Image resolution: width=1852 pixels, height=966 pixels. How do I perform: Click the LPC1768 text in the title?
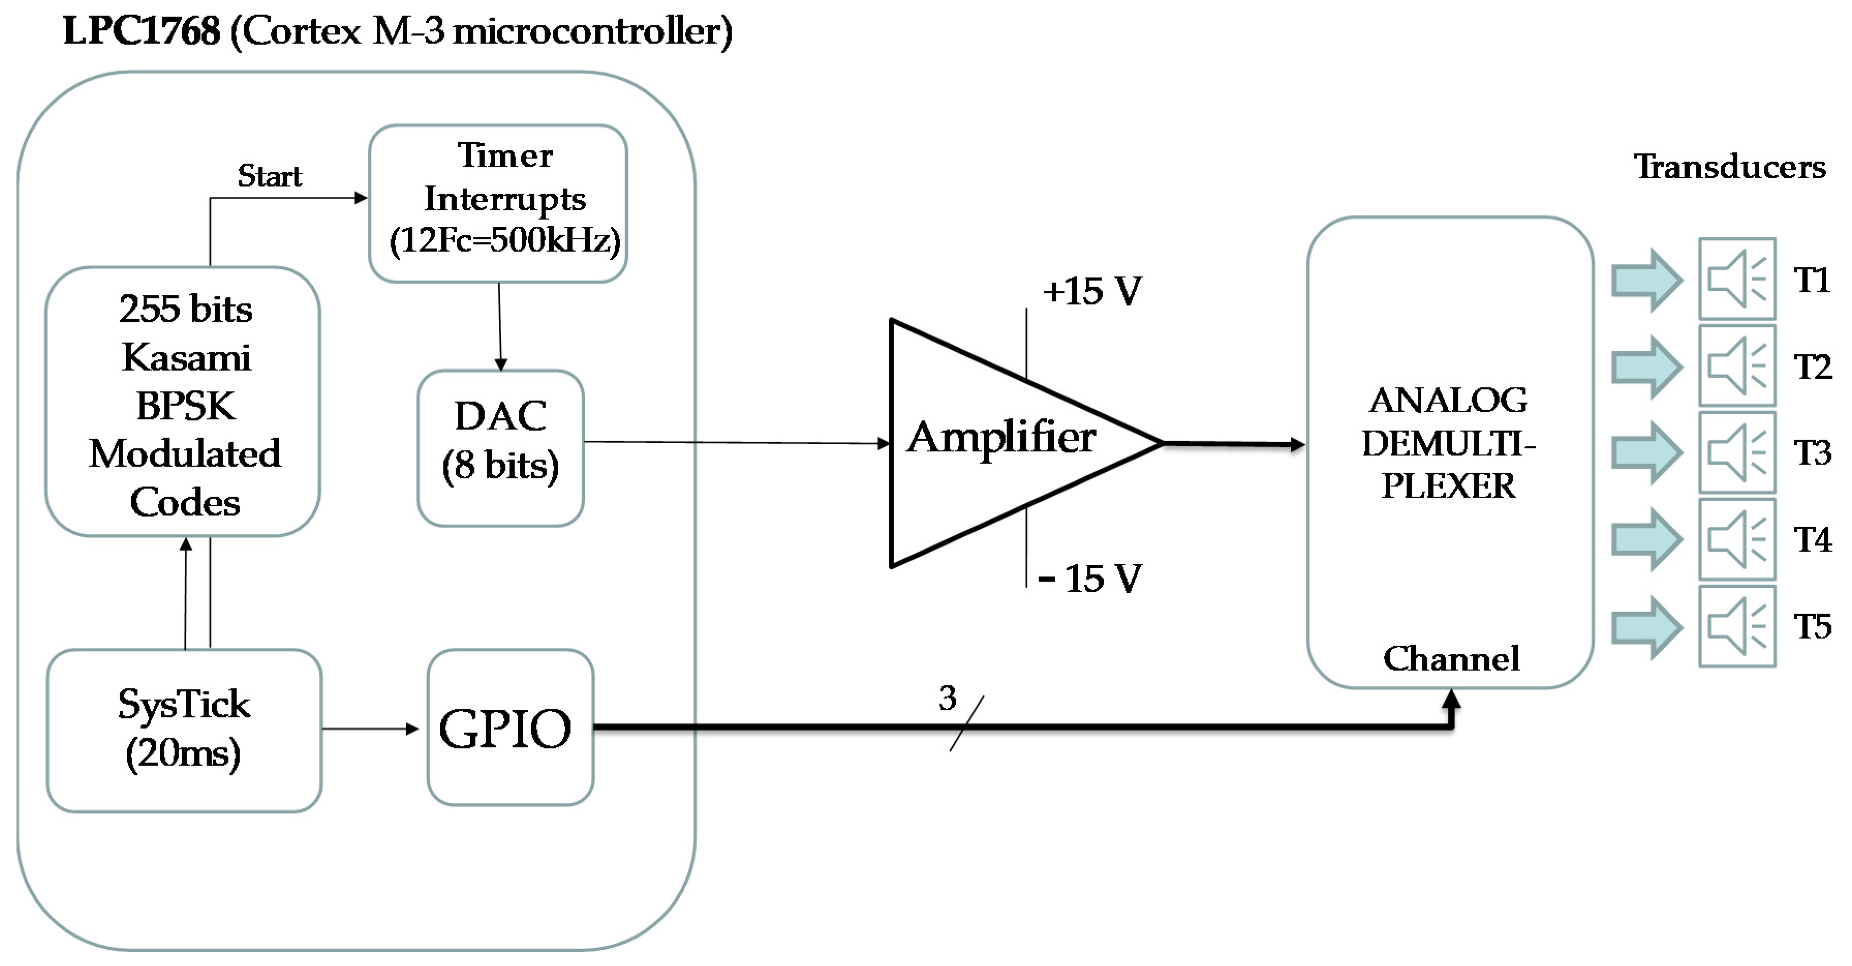click(141, 32)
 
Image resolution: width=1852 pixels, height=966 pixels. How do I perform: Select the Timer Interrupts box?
click(498, 204)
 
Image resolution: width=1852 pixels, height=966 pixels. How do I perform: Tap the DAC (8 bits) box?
click(500, 448)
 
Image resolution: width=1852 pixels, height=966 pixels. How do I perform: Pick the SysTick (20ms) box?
click(184, 729)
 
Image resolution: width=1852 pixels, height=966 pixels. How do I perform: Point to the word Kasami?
click(186, 357)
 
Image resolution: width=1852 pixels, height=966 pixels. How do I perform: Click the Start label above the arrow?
click(270, 176)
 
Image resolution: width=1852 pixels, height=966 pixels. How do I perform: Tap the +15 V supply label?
click(1091, 292)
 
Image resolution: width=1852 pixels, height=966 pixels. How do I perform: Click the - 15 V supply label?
click(1090, 579)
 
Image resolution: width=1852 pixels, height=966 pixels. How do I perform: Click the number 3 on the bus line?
click(948, 698)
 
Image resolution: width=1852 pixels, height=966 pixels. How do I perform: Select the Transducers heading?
click(1730, 167)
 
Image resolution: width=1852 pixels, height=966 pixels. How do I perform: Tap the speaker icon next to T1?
click(1737, 279)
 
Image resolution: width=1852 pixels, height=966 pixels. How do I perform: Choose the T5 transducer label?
click(1812, 627)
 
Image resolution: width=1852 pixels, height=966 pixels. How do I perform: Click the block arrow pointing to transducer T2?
click(1646, 367)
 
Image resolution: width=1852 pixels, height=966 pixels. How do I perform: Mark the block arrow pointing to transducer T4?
click(1646, 540)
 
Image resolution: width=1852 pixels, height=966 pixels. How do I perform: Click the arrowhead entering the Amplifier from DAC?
click(884, 443)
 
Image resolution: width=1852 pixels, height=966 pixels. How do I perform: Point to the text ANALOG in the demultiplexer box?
click(1448, 401)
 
